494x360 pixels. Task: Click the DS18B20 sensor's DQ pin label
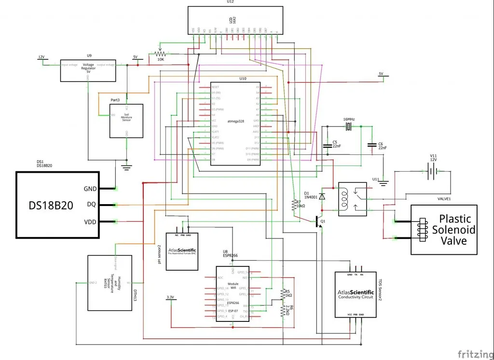[x=91, y=205]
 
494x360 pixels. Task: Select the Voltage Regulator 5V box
[x=88, y=71]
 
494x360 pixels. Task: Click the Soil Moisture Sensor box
[x=127, y=121]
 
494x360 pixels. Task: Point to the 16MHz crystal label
[x=349, y=119]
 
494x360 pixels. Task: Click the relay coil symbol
[x=346, y=198]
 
